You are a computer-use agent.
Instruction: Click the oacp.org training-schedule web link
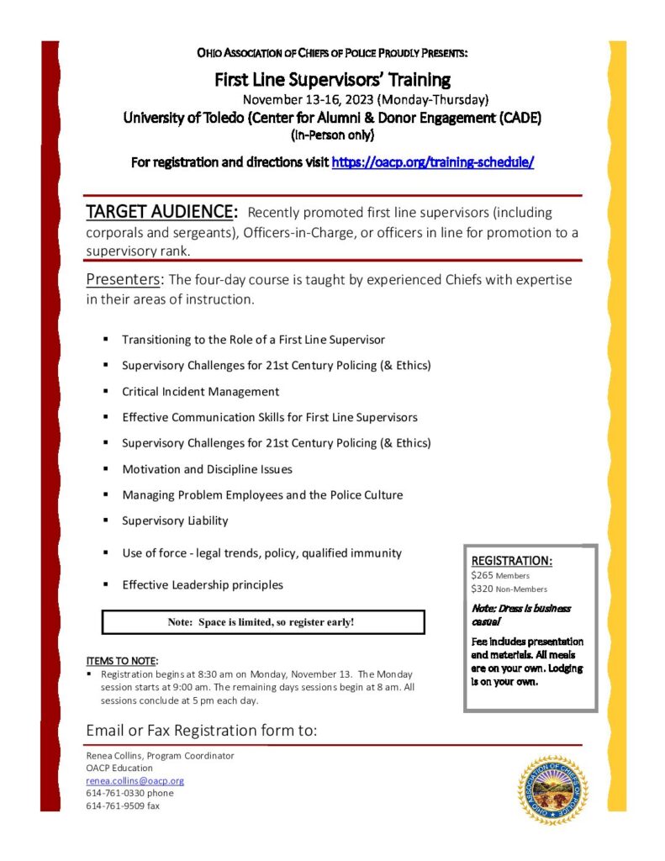click(x=433, y=162)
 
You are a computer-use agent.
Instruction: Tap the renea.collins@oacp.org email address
click(x=135, y=781)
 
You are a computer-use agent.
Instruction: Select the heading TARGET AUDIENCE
click(x=161, y=210)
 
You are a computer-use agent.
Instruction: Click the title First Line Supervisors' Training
click(x=333, y=80)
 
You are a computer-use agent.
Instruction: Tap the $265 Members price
click(x=500, y=575)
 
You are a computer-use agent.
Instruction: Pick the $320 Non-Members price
click(x=509, y=589)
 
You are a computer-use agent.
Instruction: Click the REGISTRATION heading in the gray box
click(x=511, y=560)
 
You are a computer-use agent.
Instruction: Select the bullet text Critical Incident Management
click(x=200, y=392)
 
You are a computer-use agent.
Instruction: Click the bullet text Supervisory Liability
click(x=175, y=521)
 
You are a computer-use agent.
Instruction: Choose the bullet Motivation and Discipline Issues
click(x=207, y=469)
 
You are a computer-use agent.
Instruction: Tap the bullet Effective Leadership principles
click(x=203, y=585)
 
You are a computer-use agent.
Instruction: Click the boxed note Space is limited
click(x=261, y=622)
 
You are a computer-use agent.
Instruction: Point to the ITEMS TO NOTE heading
click(x=122, y=661)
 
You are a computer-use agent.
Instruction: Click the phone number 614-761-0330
click(x=129, y=793)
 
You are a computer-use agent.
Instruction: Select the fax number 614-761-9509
click(x=123, y=806)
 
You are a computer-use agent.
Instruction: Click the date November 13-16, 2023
click(x=365, y=99)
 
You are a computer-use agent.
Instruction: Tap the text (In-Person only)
click(x=332, y=135)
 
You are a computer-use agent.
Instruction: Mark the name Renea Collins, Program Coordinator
click(x=160, y=756)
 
